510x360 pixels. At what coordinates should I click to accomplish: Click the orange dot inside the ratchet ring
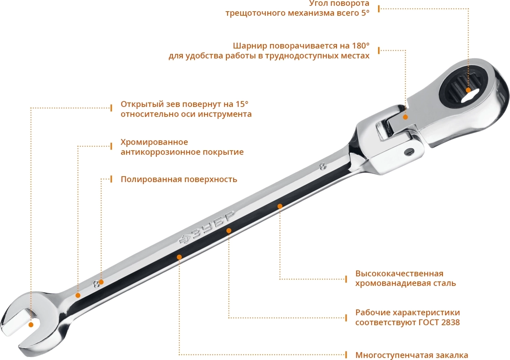tap(468, 90)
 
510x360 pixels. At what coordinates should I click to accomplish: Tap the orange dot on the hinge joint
tap(405, 117)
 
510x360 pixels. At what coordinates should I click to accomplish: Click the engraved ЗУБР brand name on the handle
tap(207, 227)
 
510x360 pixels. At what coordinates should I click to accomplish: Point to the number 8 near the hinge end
tap(323, 167)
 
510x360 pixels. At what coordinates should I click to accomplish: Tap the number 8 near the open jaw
tap(96, 284)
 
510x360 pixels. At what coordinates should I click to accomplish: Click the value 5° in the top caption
tap(365, 13)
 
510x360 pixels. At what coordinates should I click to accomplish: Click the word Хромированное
tap(155, 142)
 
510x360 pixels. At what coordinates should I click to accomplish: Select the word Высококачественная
tap(399, 273)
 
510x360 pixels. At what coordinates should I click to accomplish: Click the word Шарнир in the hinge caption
tap(250, 46)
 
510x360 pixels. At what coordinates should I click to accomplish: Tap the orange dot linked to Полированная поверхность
tap(101, 282)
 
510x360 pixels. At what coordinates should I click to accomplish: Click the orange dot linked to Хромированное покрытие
tap(78, 295)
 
